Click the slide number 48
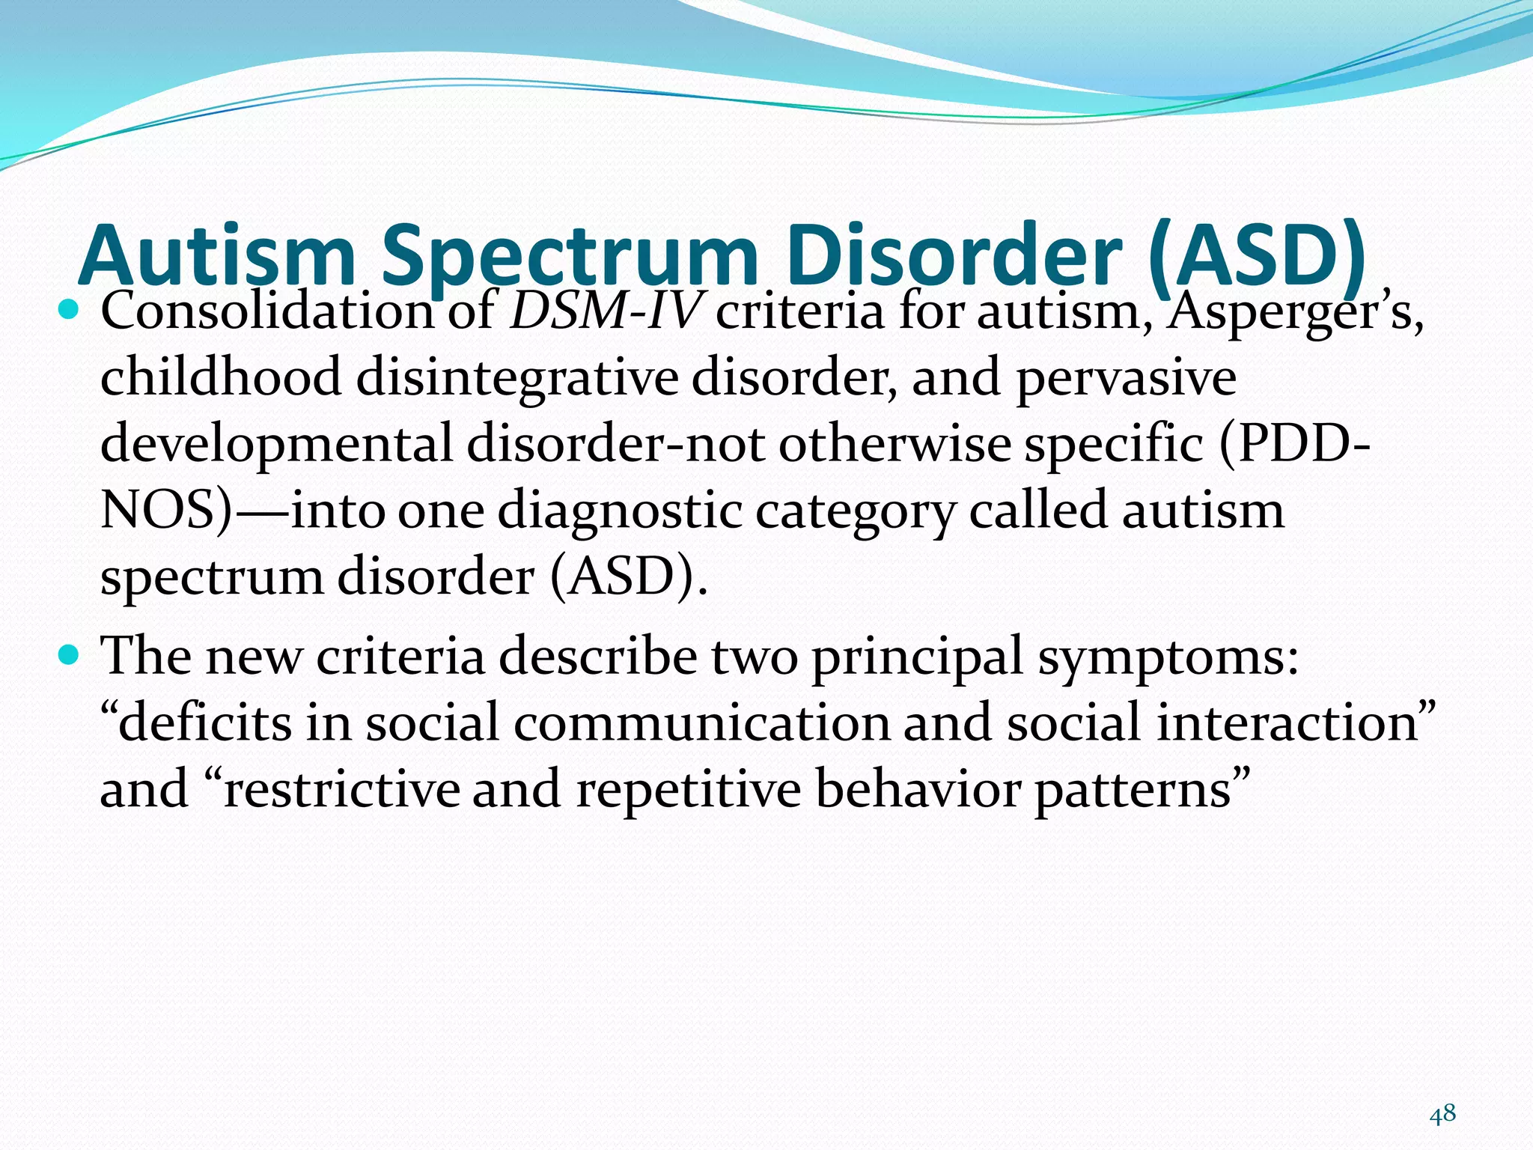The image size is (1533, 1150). pyautogui.click(x=1442, y=1114)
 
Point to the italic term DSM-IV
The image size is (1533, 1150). pyautogui.click(x=606, y=310)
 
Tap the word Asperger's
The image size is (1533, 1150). pyautogui.click(x=1295, y=310)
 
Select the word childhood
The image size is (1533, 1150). pyautogui.click(x=221, y=377)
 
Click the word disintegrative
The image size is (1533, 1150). pyautogui.click(x=516, y=377)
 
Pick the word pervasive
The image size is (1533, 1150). pyautogui.click(x=1126, y=377)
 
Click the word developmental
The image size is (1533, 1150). pyautogui.click(x=276, y=443)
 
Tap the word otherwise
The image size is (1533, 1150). pyautogui.click(x=894, y=443)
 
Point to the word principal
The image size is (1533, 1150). pyautogui.click(x=917, y=657)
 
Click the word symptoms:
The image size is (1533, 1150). pyautogui.click(x=1168, y=657)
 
